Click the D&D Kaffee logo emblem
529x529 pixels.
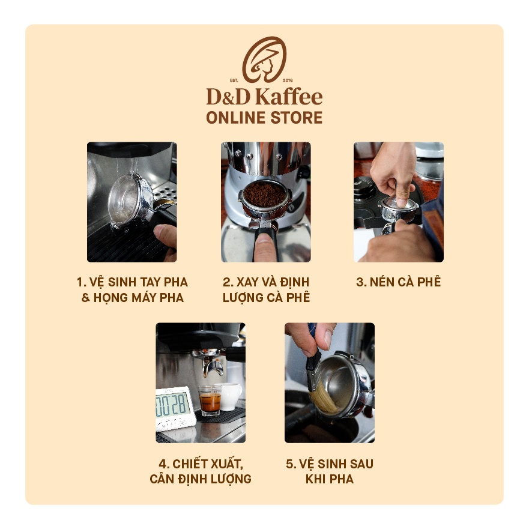click(264, 59)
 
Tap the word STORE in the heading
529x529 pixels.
click(295, 117)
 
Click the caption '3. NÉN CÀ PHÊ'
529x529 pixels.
click(398, 282)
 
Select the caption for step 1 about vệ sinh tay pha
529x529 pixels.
click(132, 289)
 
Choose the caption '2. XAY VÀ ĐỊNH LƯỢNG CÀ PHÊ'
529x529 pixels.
click(266, 289)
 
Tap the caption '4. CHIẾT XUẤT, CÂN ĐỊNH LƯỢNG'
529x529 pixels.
click(201, 471)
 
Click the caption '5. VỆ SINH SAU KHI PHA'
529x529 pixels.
click(330, 471)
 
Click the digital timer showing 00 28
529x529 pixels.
click(174, 406)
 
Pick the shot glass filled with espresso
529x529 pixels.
click(210, 401)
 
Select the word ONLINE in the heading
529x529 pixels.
click(234, 117)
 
